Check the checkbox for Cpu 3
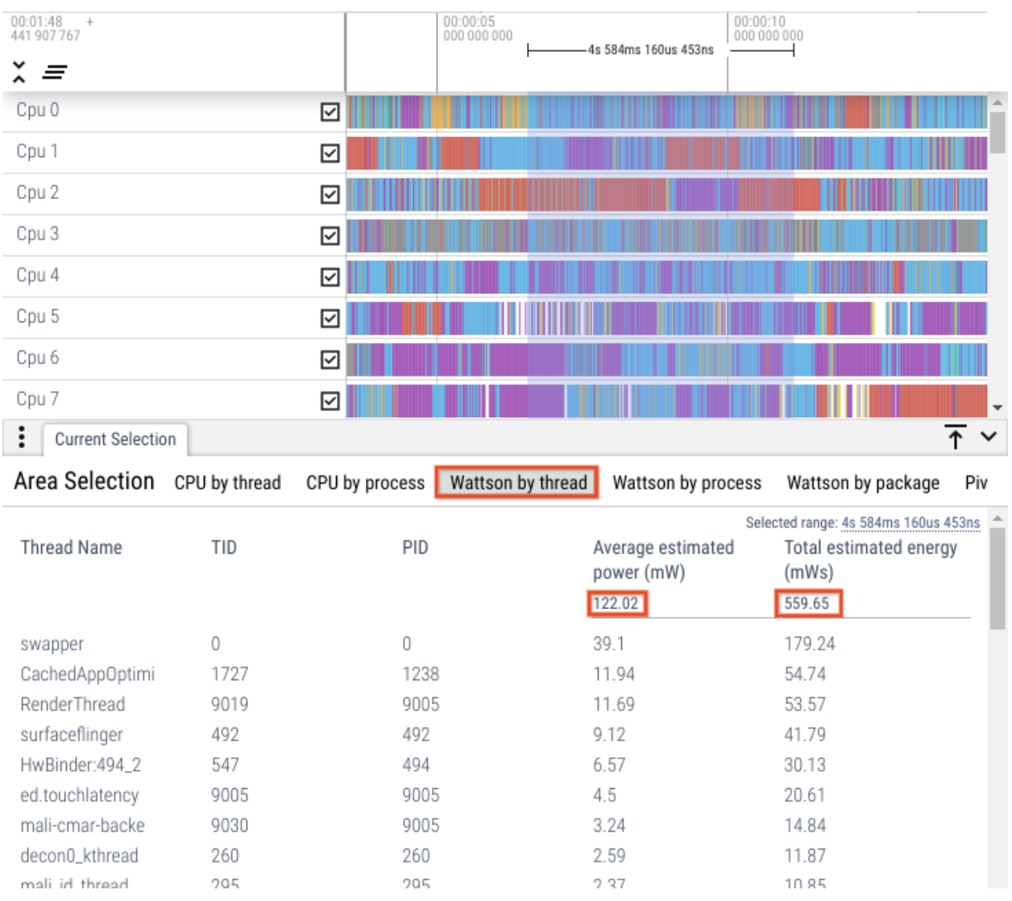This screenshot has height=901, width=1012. [330, 235]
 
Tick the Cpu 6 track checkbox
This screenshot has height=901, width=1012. [330, 359]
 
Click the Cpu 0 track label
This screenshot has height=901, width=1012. [38, 110]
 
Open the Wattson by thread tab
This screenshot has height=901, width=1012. [517, 483]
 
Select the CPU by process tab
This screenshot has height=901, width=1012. [365, 483]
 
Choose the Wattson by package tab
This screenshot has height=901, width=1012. [862, 483]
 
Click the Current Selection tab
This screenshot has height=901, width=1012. [115, 439]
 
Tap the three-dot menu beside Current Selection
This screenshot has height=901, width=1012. [22, 437]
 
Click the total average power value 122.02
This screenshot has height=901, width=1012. [616, 604]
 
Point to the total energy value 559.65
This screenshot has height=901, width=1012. [807, 604]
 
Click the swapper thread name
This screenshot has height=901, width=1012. [52, 644]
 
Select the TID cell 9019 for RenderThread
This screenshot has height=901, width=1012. [230, 704]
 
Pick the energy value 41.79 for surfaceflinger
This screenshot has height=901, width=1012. [805, 735]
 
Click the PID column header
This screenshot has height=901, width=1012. [415, 548]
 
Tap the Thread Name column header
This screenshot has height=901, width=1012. [72, 548]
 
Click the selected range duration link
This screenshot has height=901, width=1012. [910, 523]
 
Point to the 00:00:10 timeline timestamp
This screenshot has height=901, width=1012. [759, 22]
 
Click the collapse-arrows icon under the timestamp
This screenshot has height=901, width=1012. [19, 72]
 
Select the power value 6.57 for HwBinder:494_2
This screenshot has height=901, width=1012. [609, 765]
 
